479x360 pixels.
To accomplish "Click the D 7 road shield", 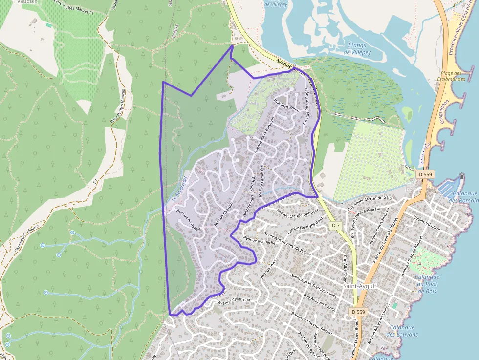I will (335, 226).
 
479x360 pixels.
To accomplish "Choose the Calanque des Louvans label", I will (402, 331).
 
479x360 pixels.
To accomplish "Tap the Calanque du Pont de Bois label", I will (426, 284).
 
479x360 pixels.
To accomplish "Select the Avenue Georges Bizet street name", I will (305, 223).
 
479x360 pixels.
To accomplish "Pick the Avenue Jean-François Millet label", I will (314, 286).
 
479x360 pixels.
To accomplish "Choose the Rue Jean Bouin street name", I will (287, 106).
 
